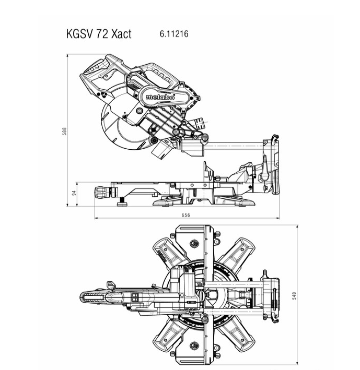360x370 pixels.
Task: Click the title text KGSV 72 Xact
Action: [x=99, y=34]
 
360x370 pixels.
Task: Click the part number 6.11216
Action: [x=174, y=34]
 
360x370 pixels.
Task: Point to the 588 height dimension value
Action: [x=64, y=131]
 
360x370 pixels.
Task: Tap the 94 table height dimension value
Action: [x=74, y=193]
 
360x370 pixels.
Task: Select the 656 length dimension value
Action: [x=185, y=215]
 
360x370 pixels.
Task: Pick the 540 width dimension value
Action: [x=294, y=296]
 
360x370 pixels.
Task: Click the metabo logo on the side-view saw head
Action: [x=160, y=97]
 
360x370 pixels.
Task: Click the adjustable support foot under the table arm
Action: [x=122, y=202]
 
